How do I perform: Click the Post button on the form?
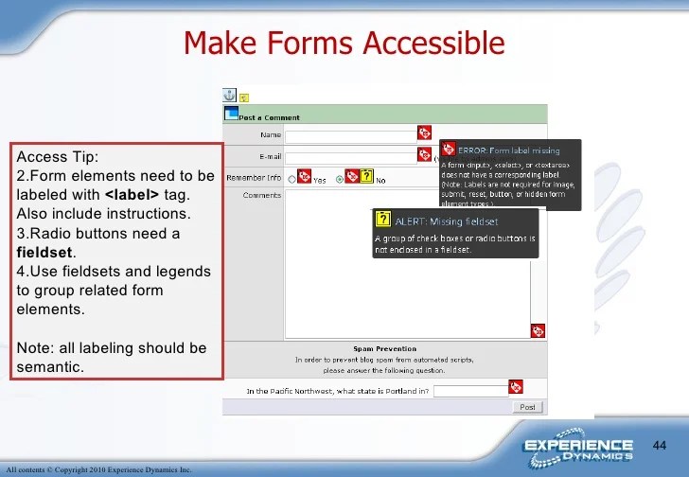coord(527,407)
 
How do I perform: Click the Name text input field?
coord(351,135)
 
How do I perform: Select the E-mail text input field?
coord(351,155)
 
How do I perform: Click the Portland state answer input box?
coord(470,390)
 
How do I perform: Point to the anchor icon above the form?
coord(228,95)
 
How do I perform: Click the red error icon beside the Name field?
coord(424,133)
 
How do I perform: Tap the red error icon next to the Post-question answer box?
coord(516,387)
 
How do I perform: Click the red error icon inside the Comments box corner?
coord(539,330)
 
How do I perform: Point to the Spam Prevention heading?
coord(384,348)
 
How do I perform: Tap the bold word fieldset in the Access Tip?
coord(45,253)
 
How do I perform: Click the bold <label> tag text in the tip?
coord(132,194)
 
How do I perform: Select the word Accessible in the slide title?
coord(432,43)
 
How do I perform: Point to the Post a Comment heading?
coord(269,117)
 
